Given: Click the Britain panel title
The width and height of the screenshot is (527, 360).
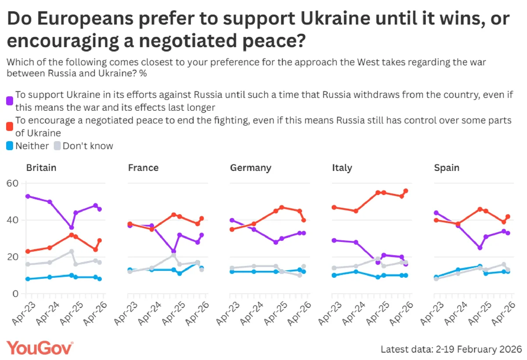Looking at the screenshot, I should pyautogui.click(x=41, y=168).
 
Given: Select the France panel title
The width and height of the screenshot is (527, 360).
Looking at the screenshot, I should pyautogui.click(x=143, y=168).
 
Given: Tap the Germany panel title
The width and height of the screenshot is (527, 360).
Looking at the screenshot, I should pyautogui.click(x=250, y=168).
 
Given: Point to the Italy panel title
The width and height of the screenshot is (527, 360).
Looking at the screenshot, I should pyautogui.click(x=342, y=168).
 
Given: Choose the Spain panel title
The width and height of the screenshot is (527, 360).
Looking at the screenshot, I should pyautogui.click(x=447, y=168).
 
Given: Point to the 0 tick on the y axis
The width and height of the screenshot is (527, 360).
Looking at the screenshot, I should pyautogui.click(x=14, y=294).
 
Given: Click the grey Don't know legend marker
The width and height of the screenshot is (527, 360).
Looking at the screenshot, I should pyautogui.click(x=58, y=146).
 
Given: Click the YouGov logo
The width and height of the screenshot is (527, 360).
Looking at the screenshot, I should pyautogui.click(x=40, y=348).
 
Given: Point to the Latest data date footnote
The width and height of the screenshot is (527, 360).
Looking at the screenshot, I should pyautogui.click(x=451, y=349).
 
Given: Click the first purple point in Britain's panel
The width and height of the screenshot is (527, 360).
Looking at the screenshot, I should pyautogui.click(x=28, y=196).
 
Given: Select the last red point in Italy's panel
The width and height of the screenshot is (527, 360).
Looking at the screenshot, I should pyautogui.click(x=406, y=191).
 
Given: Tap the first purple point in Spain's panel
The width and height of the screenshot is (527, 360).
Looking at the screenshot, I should pyautogui.click(x=436, y=213).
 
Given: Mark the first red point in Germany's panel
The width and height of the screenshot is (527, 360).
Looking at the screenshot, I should pyautogui.click(x=232, y=229).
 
